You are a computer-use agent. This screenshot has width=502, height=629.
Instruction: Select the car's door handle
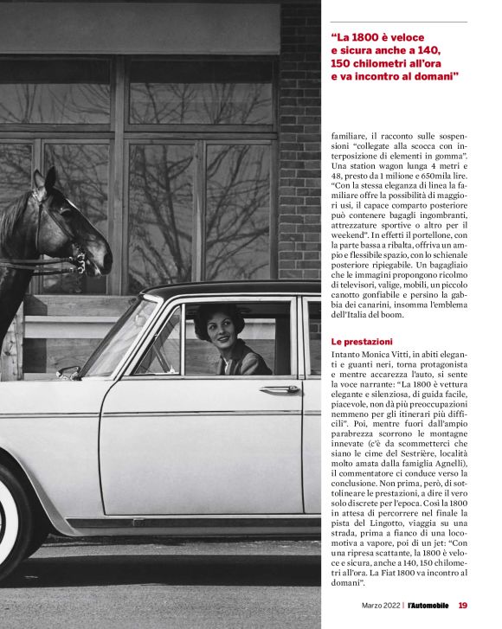(x=280, y=390)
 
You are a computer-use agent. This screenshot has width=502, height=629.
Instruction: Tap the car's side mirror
(x=68, y=372)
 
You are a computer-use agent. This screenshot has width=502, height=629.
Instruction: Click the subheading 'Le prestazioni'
(x=362, y=343)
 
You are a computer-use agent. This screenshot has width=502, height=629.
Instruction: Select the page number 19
(x=463, y=606)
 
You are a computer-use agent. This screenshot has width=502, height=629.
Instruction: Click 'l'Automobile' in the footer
(x=428, y=606)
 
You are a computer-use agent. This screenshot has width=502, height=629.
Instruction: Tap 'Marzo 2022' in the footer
(x=382, y=606)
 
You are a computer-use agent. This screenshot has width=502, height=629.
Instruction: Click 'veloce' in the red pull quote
(x=416, y=37)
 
